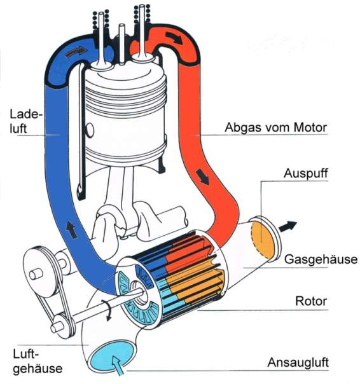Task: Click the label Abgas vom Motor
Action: point(275,128)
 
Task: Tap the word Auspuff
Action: point(305,173)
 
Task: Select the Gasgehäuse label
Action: point(321,259)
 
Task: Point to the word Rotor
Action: point(311,301)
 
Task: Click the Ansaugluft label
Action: point(298,362)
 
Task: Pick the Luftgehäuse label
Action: point(38,361)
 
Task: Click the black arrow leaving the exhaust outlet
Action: point(287,226)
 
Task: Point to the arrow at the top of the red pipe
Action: point(174,38)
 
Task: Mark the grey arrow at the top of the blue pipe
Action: point(76,52)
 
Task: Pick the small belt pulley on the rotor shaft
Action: point(62,326)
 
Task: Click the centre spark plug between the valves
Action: point(121,44)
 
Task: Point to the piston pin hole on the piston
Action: point(90,130)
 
